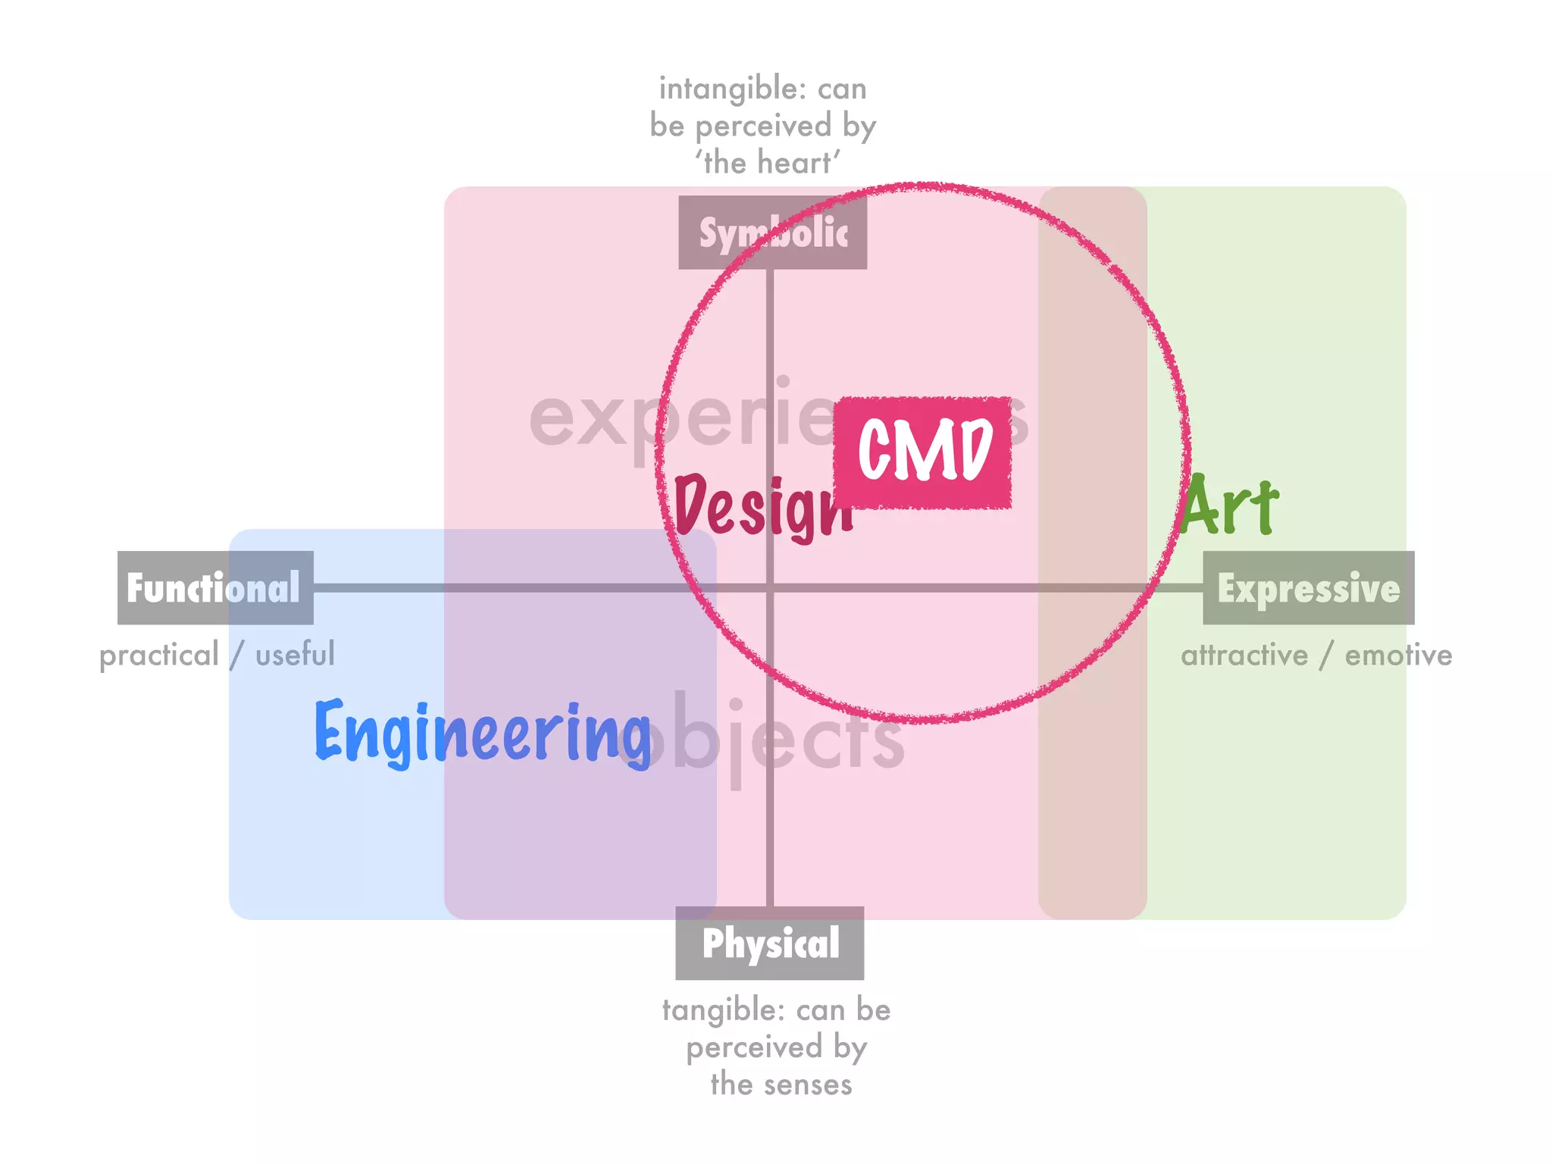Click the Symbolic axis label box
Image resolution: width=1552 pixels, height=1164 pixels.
point(772,233)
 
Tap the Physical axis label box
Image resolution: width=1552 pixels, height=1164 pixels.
point(770,943)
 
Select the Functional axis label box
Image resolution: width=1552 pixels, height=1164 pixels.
point(215,587)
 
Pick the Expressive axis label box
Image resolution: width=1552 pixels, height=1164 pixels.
point(1309,588)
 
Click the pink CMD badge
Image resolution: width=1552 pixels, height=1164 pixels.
point(923,452)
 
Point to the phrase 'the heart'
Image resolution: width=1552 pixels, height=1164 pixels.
point(768,163)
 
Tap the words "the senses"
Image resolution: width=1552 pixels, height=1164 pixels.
point(781,1084)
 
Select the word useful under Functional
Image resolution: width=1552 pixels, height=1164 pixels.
point(295,655)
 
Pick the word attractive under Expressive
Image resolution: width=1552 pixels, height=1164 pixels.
point(1244,656)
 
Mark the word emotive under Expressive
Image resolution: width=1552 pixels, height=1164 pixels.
point(1398,656)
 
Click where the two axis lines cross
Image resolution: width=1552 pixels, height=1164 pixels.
point(770,588)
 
